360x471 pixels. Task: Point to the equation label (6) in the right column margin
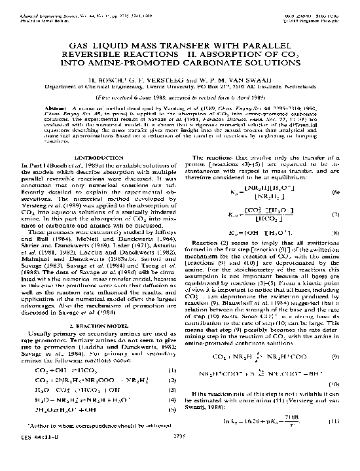click(334, 192)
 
